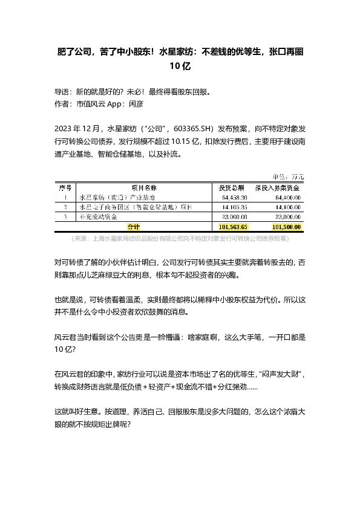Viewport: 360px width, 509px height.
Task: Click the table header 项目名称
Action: click(x=143, y=188)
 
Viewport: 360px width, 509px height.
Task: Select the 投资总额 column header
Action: click(x=231, y=188)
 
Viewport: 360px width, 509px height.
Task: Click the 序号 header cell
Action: click(x=64, y=188)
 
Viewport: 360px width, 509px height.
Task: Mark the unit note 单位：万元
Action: click(x=289, y=177)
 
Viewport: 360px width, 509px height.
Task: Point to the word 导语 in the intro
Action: click(x=62, y=92)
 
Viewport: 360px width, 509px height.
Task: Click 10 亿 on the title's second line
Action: click(x=180, y=67)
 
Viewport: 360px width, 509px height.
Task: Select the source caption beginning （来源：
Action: click(x=180, y=239)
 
